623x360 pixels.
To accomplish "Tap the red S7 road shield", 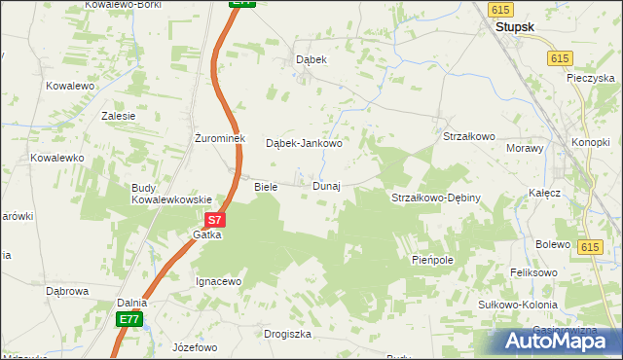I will coord(216,221).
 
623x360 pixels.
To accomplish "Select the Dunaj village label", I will coord(326,186).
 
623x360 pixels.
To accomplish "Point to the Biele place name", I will coord(266,186).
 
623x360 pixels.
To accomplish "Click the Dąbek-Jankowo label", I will coord(304,143).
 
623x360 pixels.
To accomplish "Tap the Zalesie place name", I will coord(118,115).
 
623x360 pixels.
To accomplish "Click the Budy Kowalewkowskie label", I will coord(171,194).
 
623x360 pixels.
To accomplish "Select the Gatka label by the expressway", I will coord(207,234).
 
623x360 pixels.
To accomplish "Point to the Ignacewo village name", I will coord(218,281).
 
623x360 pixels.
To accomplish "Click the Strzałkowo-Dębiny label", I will coord(436,198).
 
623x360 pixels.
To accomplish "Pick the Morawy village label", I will coord(524,148).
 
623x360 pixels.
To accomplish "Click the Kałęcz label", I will coord(545,193).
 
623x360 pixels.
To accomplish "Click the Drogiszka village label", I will coord(287,334).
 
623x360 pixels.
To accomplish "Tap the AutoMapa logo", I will coord(552,341).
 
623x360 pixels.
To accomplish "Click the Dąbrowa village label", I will coord(67,290).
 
